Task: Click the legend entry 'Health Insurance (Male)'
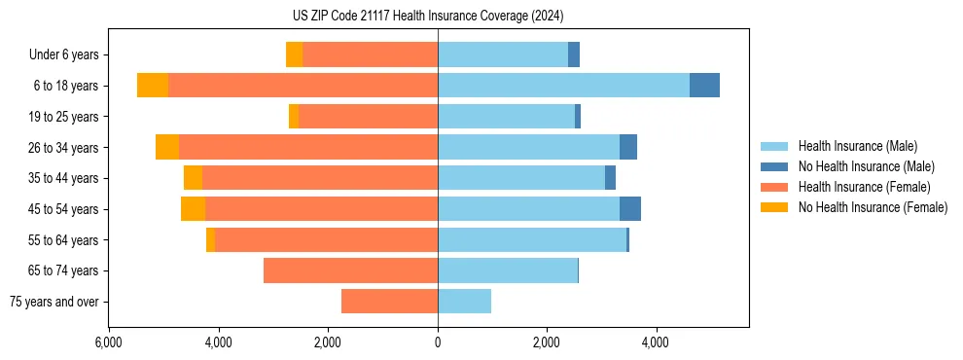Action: click(x=857, y=146)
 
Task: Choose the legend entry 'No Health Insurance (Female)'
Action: click(x=873, y=207)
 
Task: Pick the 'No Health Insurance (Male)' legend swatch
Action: click(x=774, y=166)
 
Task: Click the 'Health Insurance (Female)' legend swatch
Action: click(x=774, y=187)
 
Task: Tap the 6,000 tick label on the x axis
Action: click(x=109, y=342)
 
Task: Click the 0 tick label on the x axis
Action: click(x=438, y=342)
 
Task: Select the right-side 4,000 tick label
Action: click(x=656, y=342)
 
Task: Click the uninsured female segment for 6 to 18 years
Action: click(x=153, y=86)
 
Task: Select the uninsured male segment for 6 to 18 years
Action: click(x=704, y=86)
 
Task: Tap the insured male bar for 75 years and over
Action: click(x=464, y=302)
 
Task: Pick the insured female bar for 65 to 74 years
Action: click(x=350, y=270)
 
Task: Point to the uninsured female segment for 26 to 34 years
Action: click(x=167, y=147)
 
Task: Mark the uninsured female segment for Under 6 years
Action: click(x=294, y=55)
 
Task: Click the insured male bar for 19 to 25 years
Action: click(x=506, y=117)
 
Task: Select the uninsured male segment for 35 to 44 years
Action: click(x=610, y=178)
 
